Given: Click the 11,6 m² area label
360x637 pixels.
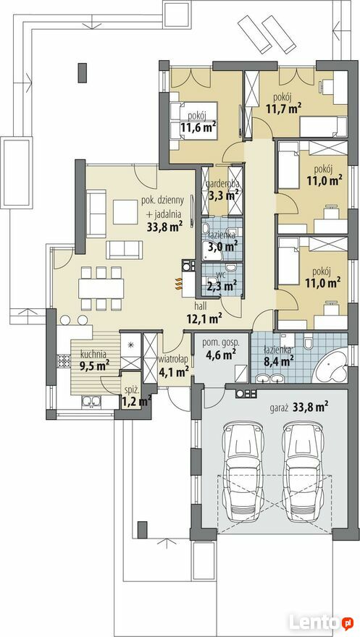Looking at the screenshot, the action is point(198,128).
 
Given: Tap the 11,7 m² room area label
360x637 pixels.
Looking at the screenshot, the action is point(284,108).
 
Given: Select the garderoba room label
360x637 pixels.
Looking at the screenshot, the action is point(223,184).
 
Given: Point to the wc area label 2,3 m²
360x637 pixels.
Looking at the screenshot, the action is point(222,287).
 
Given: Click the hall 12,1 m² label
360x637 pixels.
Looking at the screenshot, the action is point(204,313).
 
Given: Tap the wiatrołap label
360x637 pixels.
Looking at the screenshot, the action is point(174,360).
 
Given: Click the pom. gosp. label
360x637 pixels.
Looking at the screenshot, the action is point(221,342).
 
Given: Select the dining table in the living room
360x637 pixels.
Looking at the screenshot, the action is point(101,288).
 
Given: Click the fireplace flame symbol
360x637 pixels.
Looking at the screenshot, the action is point(178,284).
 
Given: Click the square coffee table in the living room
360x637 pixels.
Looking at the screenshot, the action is point(125,211).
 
